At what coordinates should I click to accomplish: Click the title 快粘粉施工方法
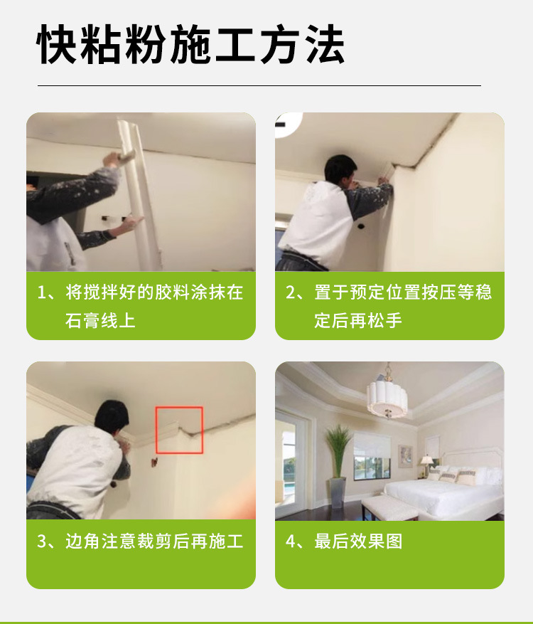coord(190,45)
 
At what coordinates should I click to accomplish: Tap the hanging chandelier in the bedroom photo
coord(387,396)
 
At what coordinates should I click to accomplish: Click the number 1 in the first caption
coord(42,293)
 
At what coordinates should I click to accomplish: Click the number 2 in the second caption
coord(291,293)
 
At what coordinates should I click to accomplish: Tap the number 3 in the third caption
coord(42,541)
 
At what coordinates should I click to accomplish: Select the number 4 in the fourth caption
coord(291,541)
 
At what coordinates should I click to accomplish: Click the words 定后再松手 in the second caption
coord(358,321)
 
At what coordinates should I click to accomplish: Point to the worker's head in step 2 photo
coord(340,170)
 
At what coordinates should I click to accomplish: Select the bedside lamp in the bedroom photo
coord(426,465)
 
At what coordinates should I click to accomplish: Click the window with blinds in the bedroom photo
coord(372,455)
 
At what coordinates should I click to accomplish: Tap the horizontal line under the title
coord(259,85)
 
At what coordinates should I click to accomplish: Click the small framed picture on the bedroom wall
coord(404,455)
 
